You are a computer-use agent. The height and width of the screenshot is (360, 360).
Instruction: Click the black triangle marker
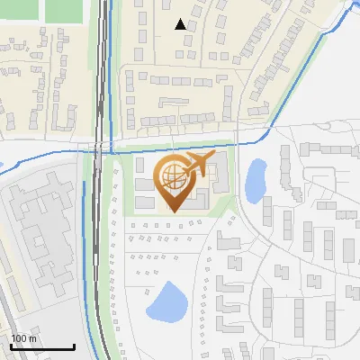(x=181, y=24)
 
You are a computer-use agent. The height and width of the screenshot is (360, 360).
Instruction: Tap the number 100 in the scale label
(x=19, y=338)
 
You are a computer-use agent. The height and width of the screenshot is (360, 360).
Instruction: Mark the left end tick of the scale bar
(x=10, y=346)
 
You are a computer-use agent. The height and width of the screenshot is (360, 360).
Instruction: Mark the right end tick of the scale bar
(x=74, y=346)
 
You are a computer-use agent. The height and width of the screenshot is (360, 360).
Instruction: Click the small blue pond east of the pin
(x=256, y=179)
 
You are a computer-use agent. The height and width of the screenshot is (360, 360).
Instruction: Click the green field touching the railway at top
(x=65, y=10)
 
